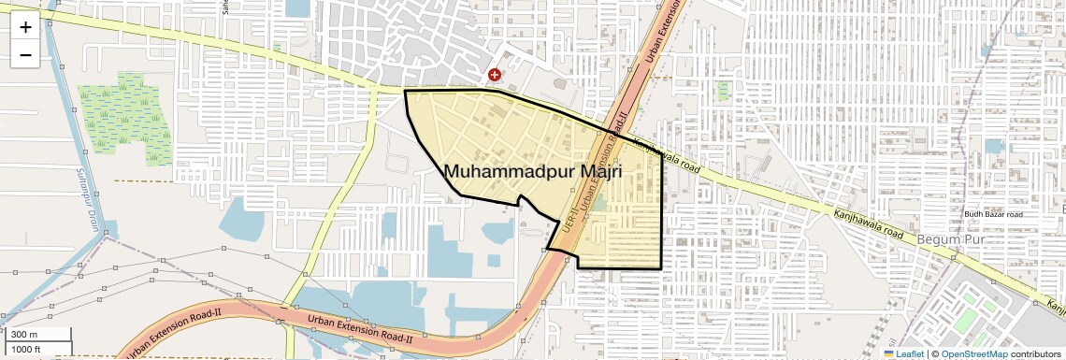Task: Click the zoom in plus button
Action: (25, 26)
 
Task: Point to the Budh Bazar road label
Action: (993, 214)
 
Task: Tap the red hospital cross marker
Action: (495, 74)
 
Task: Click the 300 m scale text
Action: (25, 335)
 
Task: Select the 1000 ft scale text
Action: (29, 350)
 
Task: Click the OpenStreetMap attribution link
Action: (973, 354)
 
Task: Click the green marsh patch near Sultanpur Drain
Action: (122, 117)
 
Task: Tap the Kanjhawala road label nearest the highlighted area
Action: (667, 155)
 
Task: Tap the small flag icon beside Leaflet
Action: (889, 354)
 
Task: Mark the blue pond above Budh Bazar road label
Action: (992, 148)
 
